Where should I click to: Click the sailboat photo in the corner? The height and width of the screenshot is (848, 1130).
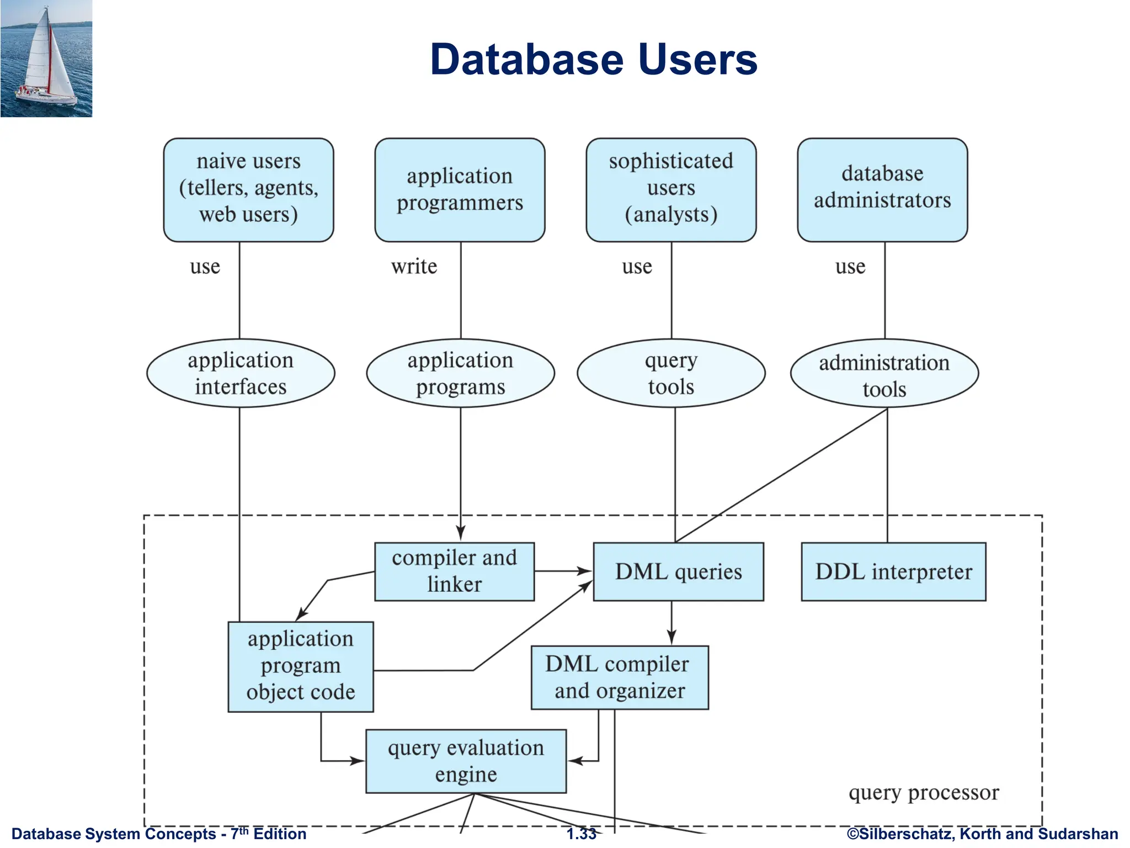pyautogui.click(x=46, y=59)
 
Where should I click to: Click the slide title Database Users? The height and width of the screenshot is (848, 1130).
pyautogui.click(x=594, y=59)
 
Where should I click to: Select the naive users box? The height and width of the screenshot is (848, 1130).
pyautogui.click(x=248, y=189)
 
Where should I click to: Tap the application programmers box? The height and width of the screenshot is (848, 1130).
pyautogui.click(x=460, y=189)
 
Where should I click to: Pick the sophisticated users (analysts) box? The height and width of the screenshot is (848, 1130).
pyautogui.click(x=671, y=189)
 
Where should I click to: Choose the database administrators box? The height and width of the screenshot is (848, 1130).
pyautogui.click(x=882, y=189)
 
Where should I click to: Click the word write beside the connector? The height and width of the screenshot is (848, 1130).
pyautogui.click(x=414, y=267)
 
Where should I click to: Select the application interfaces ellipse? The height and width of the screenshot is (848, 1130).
pyautogui.click(x=241, y=373)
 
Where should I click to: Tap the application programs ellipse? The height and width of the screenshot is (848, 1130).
pyautogui.click(x=460, y=373)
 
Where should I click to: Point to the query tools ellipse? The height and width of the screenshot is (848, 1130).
pyautogui.click(x=671, y=373)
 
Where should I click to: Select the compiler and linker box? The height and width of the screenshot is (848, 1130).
pyautogui.click(x=454, y=571)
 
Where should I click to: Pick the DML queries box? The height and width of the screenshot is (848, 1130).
pyautogui.click(x=678, y=571)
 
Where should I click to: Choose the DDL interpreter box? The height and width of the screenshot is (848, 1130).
pyautogui.click(x=893, y=571)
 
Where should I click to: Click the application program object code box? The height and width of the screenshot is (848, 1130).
pyautogui.click(x=301, y=666)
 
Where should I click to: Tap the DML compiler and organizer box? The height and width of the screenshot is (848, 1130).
pyautogui.click(x=619, y=677)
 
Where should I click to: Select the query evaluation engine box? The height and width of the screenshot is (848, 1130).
pyautogui.click(x=466, y=761)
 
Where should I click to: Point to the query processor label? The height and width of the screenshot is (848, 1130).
pyautogui.click(x=923, y=793)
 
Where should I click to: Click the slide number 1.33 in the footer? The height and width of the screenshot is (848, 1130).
pyautogui.click(x=582, y=834)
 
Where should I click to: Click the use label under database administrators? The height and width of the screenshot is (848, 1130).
pyautogui.click(x=850, y=267)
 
